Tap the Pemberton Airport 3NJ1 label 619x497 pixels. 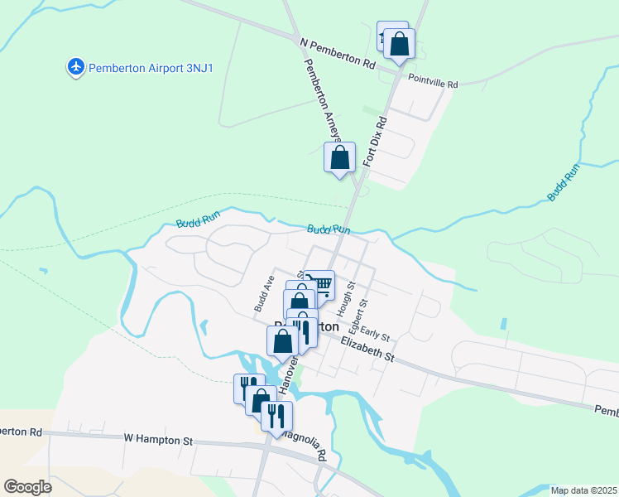click(x=151, y=67)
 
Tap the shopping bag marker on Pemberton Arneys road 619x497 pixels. click(x=339, y=157)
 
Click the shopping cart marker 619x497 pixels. click(x=322, y=285)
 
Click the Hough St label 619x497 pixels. click(x=351, y=295)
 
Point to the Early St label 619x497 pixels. click(x=375, y=334)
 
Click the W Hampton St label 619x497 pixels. click(x=158, y=439)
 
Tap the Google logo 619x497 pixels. click(x=27, y=486)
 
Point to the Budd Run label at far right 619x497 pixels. click(x=564, y=182)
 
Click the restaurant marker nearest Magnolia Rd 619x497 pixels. click(x=276, y=415)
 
